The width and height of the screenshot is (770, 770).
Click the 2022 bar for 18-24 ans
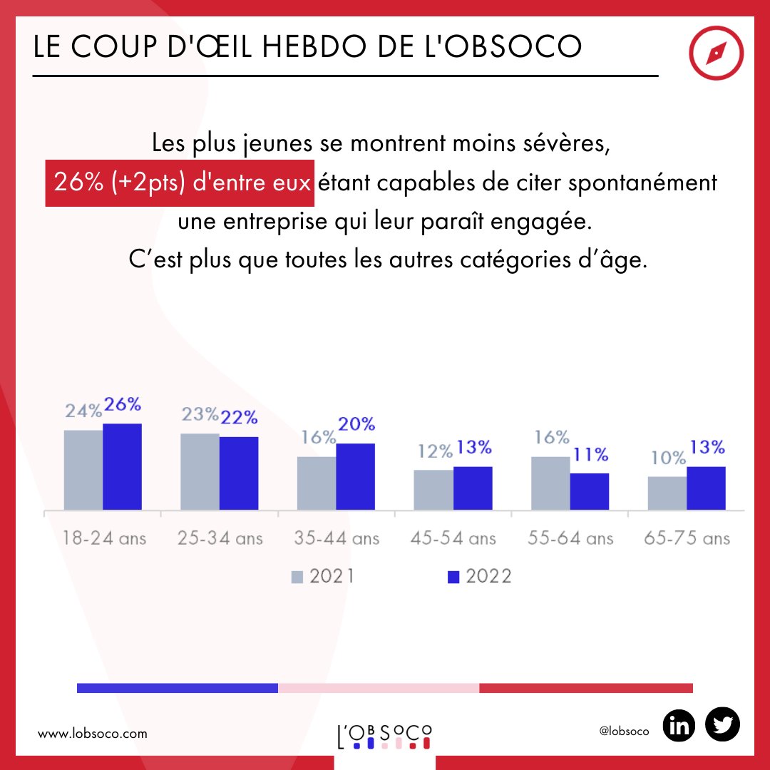pyautogui.click(x=122, y=467)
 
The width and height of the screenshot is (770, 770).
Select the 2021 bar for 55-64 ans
pyautogui.click(x=550, y=483)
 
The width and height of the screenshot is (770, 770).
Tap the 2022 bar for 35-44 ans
pyautogui.click(x=355, y=477)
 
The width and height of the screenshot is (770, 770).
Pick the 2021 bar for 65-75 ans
pyautogui.click(x=667, y=493)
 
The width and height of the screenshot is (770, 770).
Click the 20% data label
pyautogui.click(x=356, y=424)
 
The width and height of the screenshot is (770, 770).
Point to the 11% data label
pyautogui.click(x=590, y=454)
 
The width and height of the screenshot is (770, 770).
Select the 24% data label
pyautogui.click(x=83, y=411)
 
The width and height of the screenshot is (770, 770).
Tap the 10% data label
pyautogui.click(x=667, y=458)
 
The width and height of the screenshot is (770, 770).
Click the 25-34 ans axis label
pyautogui.click(x=220, y=538)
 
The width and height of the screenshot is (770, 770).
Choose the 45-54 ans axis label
pyautogui.click(x=453, y=538)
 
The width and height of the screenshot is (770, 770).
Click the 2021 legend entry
pyautogui.click(x=322, y=576)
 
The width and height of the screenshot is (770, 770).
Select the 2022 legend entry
pyautogui.click(x=480, y=576)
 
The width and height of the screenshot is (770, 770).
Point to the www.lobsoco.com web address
pyautogui.click(x=92, y=733)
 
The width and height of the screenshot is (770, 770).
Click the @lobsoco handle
pyautogui.click(x=625, y=732)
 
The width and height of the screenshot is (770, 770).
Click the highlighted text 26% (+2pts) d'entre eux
pyautogui.click(x=180, y=183)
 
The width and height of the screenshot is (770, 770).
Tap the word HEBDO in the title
pyautogui.click(x=320, y=47)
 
